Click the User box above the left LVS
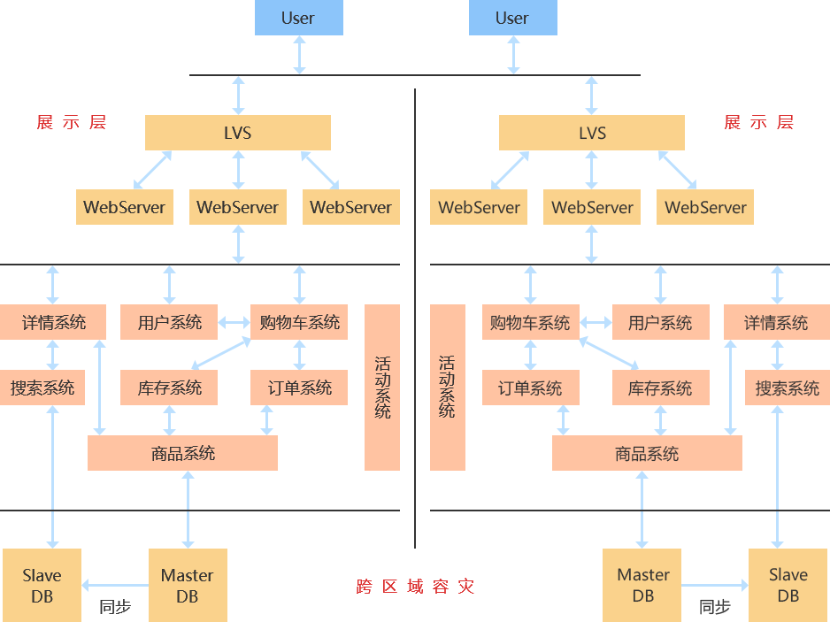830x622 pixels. tap(298, 18)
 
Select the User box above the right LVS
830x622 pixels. tap(512, 18)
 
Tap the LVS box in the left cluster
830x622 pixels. tap(237, 133)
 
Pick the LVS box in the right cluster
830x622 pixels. tap(591, 133)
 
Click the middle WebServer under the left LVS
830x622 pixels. tap(237, 207)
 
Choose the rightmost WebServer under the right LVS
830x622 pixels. tap(705, 207)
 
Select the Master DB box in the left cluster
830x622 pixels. tap(187, 585)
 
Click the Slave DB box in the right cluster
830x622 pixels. tap(788, 585)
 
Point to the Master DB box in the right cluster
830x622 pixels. tap(642, 585)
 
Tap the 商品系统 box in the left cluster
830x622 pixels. tap(182, 453)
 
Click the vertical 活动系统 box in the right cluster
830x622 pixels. tap(447, 387)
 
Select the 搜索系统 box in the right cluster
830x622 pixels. tap(787, 388)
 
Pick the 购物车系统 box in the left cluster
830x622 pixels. tap(299, 322)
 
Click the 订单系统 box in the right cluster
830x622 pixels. tap(529, 388)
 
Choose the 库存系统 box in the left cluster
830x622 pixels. tap(169, 388)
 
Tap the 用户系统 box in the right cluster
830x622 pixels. tap(660, 322)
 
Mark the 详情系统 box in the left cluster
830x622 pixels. tap(53, 322)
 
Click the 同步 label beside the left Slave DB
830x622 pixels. tap(115, 607)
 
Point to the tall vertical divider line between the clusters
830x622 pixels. tap(414, 319)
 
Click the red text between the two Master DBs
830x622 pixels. tap(415, 586)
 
